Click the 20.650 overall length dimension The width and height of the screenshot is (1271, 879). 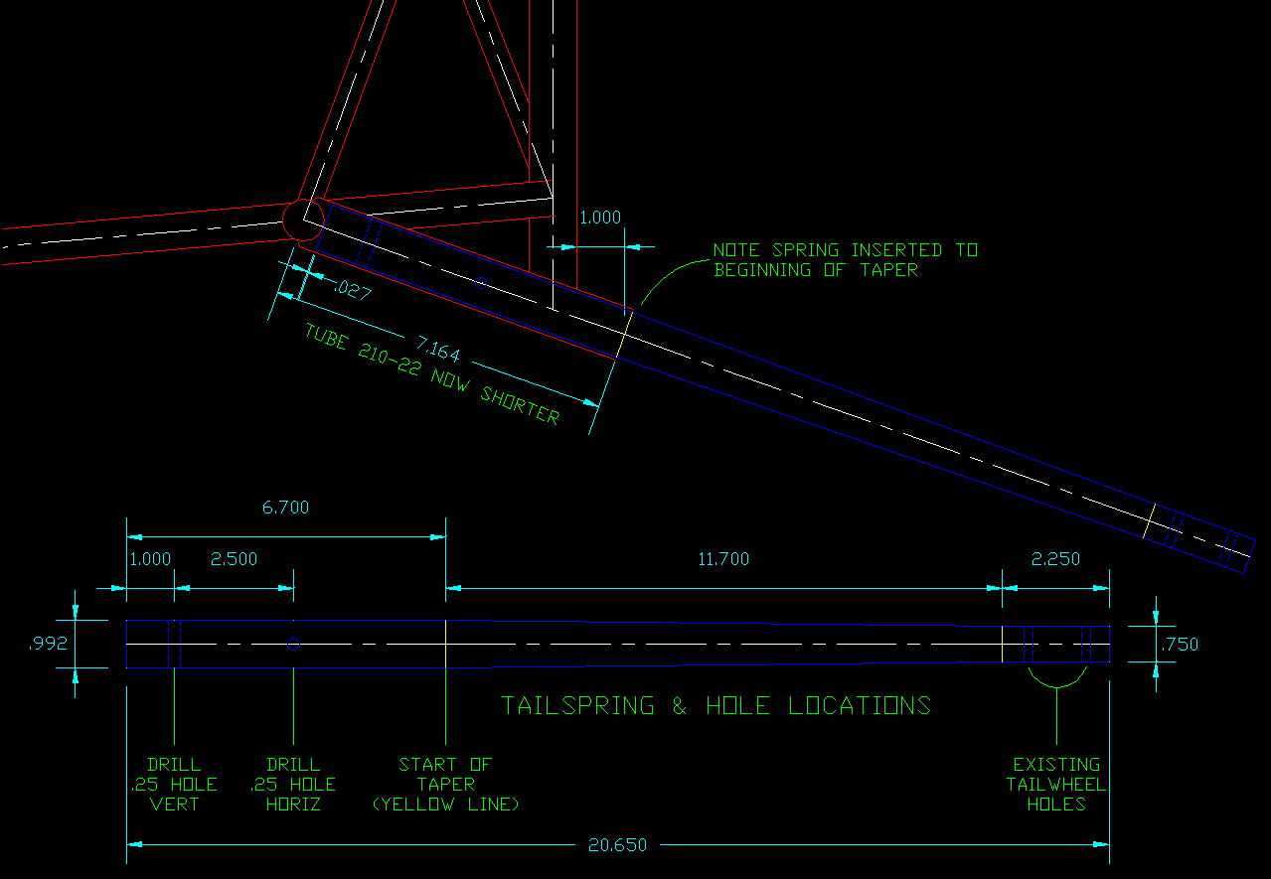(617, 845)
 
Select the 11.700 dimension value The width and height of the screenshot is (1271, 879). (723, 559)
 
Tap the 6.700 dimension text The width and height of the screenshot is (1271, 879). (285, 508)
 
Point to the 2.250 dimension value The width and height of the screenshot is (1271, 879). (1055, 559)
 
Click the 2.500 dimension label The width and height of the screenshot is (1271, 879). (234, 559)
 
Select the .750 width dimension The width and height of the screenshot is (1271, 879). (1180, 644)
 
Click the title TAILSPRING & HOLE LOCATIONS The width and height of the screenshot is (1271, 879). (716, 705)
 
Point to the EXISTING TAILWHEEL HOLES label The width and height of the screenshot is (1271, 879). (1056, 784)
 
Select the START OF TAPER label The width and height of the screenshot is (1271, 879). (445, 784)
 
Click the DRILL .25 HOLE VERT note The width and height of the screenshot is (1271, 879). (174, 784)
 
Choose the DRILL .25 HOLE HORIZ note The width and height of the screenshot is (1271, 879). (293, 784)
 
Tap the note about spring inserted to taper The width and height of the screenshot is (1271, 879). (845, 259)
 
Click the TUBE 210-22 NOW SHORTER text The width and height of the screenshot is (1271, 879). (432, 375)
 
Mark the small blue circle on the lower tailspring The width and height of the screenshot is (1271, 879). (293, 644)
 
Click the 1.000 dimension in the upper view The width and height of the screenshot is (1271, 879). (599, 218)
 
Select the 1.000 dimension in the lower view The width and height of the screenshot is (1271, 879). (150, 559)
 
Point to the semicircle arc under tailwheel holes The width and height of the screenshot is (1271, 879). (1056, 681)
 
